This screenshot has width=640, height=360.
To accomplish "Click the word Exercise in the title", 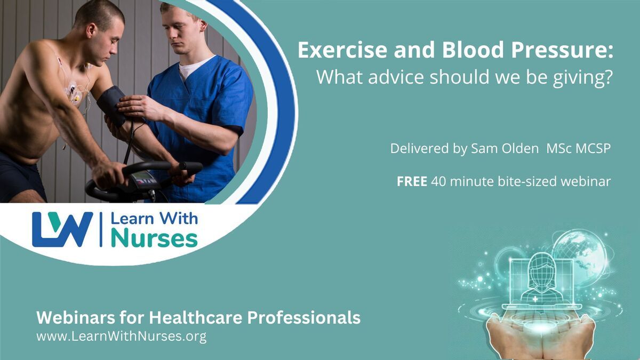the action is click(342, 50).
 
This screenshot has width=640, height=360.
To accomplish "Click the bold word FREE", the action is click(412, 181).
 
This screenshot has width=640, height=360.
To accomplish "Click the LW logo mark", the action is click(62, 229).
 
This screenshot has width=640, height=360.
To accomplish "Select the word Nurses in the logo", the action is click(154, 238).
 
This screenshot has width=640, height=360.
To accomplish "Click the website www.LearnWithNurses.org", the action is click(122, 337).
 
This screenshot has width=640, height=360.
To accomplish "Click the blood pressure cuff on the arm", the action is click(111, 106).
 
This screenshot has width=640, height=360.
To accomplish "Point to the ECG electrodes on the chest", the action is click(73, 93).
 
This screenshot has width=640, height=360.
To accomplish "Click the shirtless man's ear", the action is click(91, 30).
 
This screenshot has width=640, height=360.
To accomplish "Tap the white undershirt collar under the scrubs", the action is click(194, 67).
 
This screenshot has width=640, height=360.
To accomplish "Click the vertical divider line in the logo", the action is click(101, 229).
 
